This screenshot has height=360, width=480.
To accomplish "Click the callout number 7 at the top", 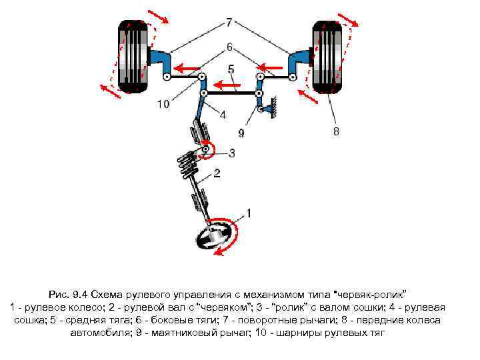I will click(x=229, y=23).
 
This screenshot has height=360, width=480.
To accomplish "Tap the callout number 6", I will click(x=229, y=47).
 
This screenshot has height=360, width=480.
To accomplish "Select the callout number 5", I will click(x=231, y=69).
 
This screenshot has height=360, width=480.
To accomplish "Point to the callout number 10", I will click(x=163, y=103).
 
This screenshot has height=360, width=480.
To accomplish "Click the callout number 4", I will click(x=223, y=115).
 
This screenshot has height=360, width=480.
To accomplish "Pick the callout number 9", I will click(x=241, y=133).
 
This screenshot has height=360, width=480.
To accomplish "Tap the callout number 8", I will click(x=336, y=131).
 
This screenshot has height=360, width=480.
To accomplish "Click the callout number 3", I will click(x=231, y=153).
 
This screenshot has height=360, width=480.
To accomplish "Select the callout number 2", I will click(x=217, y=175).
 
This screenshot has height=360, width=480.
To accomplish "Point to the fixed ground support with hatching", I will click(x=271, y=107).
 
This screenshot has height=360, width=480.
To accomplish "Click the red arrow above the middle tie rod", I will click(x=228, y=84).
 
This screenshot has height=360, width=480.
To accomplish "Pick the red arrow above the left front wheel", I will click(x=159, y=16).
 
